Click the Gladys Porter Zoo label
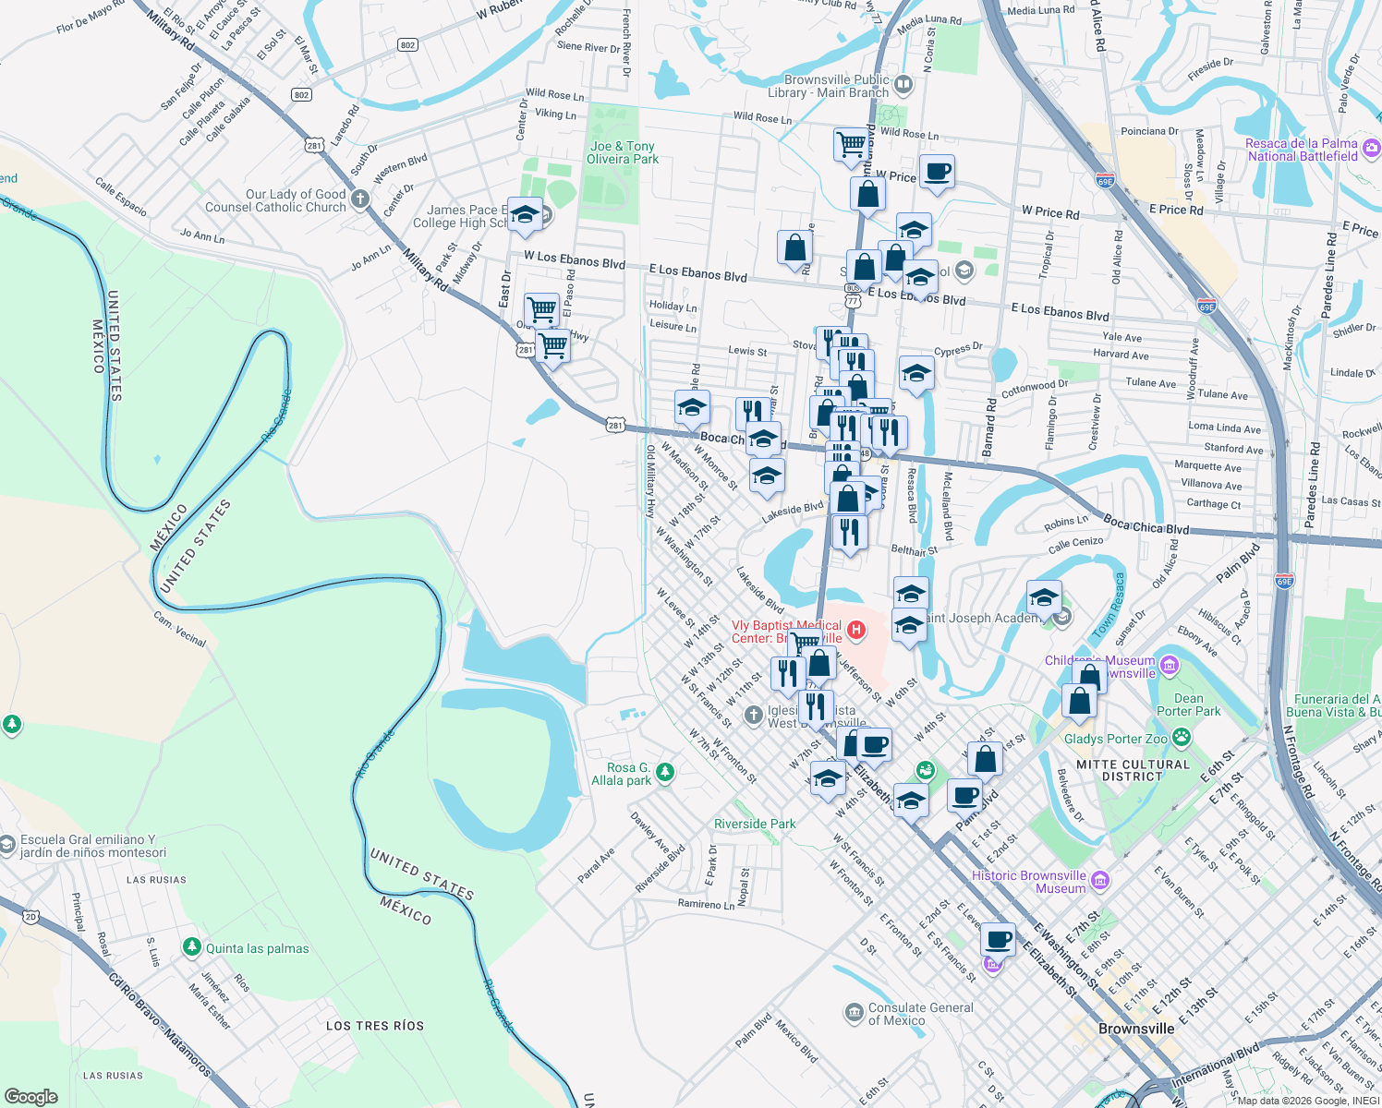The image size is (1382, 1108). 1115,739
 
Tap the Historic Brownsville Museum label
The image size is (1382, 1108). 1028,882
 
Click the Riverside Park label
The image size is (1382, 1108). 755,824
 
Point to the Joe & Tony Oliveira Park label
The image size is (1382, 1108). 623,152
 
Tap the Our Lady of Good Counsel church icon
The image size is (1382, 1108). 360,199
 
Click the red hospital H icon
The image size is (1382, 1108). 856,631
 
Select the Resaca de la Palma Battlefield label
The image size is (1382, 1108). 1301,150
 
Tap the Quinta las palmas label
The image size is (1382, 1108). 257,948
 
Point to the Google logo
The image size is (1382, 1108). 31,1096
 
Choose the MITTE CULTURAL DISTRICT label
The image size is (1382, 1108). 1133,770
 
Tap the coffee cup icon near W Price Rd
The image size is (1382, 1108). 937,172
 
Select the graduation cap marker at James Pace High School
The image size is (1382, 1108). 525,215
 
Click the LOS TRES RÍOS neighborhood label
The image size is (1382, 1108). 374,1026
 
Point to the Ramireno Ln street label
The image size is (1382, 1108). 706,904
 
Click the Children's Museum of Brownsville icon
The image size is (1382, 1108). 1169,665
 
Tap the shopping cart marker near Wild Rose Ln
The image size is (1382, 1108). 851,143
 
